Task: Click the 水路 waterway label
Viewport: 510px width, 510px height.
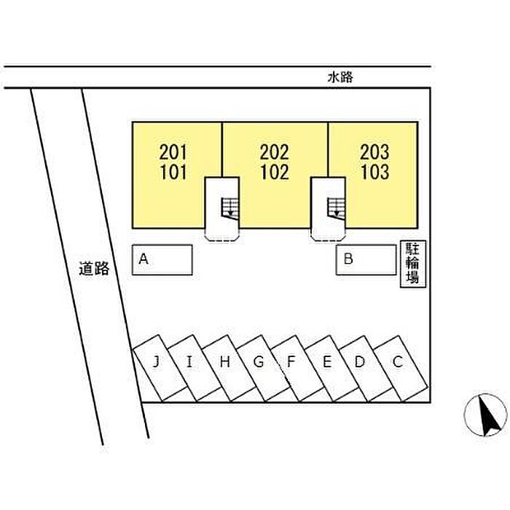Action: (340, 77)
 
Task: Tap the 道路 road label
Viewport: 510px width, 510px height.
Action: (94, 269)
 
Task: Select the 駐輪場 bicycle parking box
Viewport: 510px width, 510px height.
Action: (413, 264)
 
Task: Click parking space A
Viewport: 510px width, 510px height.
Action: (162, 260)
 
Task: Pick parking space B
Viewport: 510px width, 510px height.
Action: (366, 260)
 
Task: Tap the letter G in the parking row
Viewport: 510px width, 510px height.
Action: (258, 361)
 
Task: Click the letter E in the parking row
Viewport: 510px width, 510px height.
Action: (327, 361)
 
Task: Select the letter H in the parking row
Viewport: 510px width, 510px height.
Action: (224, 361)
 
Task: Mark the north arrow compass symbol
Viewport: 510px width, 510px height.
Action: (485, 415)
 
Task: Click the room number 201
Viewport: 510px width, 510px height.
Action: (173, 152)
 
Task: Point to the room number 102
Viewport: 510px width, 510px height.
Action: (275, 172)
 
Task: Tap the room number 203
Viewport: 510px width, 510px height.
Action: (374, 152)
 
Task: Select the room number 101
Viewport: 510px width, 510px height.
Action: (173, 172)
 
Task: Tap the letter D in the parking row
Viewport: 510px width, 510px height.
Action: (359, 361)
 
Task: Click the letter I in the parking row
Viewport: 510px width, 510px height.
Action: (189, 361)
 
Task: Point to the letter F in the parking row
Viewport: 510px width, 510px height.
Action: (291, 361)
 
